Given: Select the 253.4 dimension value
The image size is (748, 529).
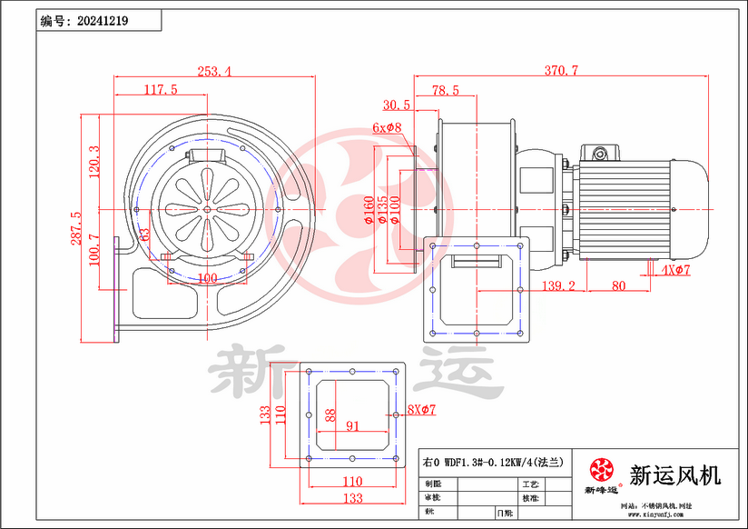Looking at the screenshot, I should [x=212, y=70].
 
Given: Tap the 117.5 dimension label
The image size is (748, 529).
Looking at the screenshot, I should [x=160, y=89].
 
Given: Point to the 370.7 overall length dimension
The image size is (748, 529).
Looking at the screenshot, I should [x=562, y=70].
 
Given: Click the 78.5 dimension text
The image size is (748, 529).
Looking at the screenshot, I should [x=445, y=90].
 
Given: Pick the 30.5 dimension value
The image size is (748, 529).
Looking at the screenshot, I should [x=397, y=105].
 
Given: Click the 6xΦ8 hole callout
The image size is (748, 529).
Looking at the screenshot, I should [x=387, y=128].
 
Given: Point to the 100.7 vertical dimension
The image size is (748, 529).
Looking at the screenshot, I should [x=93, y=252].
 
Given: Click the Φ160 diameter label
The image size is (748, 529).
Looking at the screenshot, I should [x=369, y=209].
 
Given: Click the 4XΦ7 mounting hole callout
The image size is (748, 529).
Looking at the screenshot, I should [x=676, y=270].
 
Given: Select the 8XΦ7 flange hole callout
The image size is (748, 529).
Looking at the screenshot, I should [x=421, y=410].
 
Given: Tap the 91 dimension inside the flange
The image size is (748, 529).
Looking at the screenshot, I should [x=352, y=424].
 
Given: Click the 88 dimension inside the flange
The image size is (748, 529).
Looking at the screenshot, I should [x=330, y=416].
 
